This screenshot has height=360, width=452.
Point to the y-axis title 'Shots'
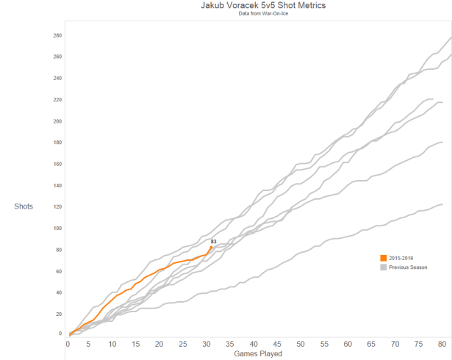[x=24, y=206]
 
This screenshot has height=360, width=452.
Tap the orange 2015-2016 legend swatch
[x=383, y=257]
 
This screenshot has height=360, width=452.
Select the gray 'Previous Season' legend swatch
[x=383, y=267]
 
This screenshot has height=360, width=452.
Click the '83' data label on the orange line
[x=213, y=241]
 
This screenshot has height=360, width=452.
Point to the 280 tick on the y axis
[x=57, y=35]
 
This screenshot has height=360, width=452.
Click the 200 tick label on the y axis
[x=57, y=121]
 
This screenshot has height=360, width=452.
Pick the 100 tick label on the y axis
[x=57, y=228]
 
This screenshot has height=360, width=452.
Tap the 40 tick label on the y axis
[x=58, y=292]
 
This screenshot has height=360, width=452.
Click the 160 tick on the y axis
[x=57, y=164]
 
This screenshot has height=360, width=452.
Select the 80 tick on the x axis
[x=441, y=344]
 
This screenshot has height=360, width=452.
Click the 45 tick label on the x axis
[x=277, y=344]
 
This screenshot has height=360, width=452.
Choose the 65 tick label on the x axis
[x=371, y=344]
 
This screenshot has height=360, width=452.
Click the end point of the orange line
[x=212, y=247]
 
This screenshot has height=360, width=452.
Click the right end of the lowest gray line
[x=442, y=204]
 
